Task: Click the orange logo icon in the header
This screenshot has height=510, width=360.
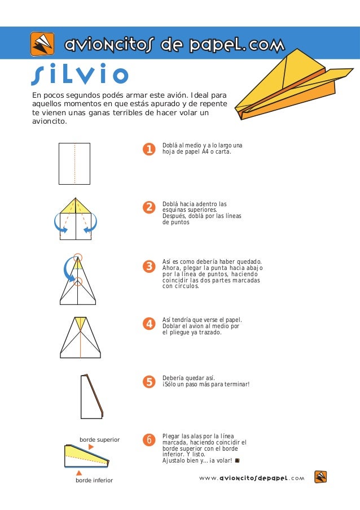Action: click(42, 43)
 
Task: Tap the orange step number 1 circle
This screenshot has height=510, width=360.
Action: click(149, 149)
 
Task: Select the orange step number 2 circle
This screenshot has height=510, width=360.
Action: click(149, 207)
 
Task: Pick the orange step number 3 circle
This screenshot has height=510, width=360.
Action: click(149, 267)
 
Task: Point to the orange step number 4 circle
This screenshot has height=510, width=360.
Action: click(149, 324)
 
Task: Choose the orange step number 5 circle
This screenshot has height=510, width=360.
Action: click(149, 382)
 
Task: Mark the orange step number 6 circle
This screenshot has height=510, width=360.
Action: click(149, 440)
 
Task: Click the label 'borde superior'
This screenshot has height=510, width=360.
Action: click(100, 440)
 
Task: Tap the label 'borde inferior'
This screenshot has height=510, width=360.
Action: click(94, 480)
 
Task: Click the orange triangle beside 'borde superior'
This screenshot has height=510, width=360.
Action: click(91, 447)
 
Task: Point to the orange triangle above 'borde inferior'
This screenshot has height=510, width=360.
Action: click(79, 473)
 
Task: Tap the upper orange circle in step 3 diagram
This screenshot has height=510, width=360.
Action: click(78, 258)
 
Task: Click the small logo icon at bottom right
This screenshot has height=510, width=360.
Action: click(321, 477)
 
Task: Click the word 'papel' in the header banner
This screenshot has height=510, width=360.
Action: click(216, 45)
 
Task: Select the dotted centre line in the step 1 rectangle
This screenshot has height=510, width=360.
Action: click(74, 164)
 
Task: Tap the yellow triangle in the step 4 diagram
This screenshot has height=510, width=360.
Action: click(81, 323)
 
